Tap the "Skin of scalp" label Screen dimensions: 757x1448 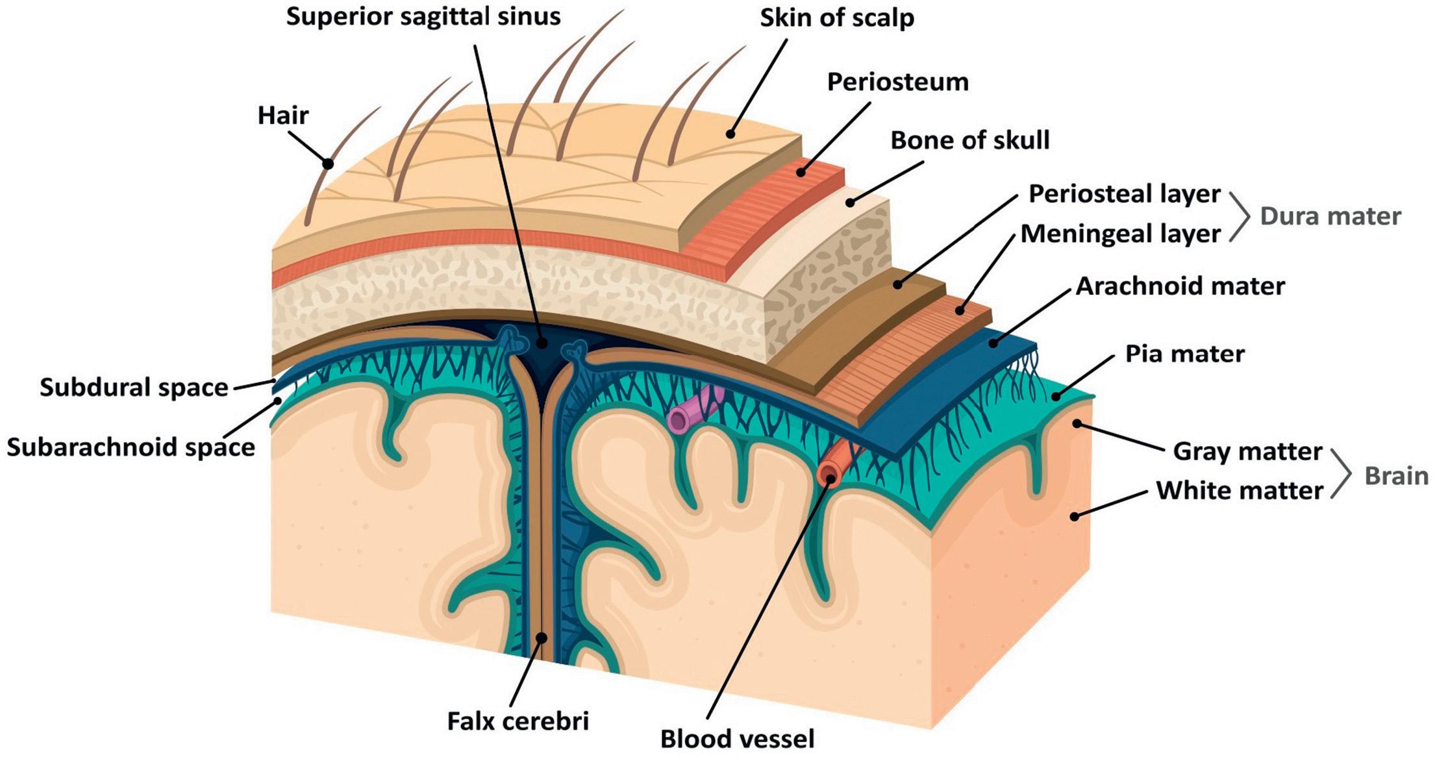[x=837, y=18]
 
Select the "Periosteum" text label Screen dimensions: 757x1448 [x=897, y=82]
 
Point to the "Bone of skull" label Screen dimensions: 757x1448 [x=969, y=140]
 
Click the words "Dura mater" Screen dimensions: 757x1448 [x=1330, y=216]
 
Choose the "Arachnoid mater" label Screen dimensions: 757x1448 [x=1180, y=286]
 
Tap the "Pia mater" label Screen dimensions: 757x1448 [x=1184, y=354]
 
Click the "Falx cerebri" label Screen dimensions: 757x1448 [x=518, y=721]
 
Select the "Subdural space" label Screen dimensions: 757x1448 [x=134, y=388]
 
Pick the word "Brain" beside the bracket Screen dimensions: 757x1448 [x=1396, y=476]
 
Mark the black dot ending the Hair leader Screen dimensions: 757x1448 [x=329, y=164]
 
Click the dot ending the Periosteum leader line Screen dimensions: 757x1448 [x=801, y=172]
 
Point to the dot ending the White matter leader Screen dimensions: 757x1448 [x=1075, y=517]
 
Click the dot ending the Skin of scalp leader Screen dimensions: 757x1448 [x=730, y=134]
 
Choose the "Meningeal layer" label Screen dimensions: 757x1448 [x=1120, y=234]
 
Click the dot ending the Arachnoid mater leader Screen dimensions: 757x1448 [x=993, y=343]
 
